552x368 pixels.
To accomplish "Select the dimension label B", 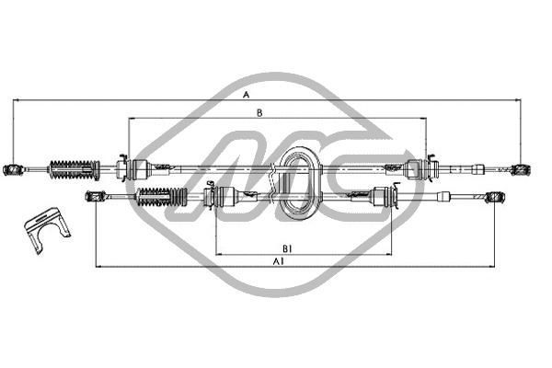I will point(261,113).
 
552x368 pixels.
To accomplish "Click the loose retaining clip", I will point(44,227).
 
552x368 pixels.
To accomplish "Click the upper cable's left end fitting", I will point(14,168).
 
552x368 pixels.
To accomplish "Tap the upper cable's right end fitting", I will point(520,169).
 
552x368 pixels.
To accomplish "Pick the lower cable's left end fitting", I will point(92,195).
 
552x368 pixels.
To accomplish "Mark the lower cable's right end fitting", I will point(496,196).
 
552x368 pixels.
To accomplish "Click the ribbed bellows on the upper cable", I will point(73,168).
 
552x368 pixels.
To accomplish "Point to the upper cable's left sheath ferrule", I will point(140,168).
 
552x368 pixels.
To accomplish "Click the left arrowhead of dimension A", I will point(17,100).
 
